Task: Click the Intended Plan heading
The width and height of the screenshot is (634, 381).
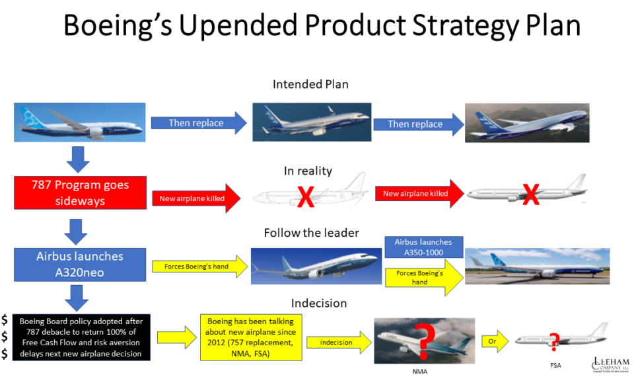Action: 310,85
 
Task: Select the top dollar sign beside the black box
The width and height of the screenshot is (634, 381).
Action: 5,320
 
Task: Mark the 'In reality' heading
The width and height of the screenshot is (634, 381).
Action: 308,171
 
